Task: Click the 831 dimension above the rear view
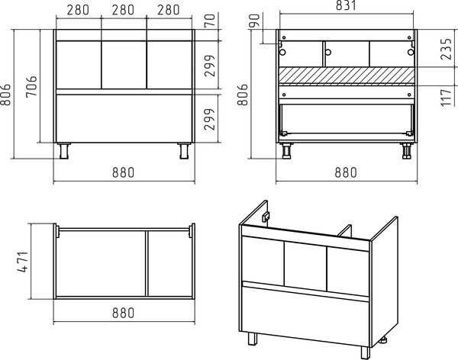346,5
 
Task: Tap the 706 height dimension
31,86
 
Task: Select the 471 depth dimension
23,262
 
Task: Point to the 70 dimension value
210,21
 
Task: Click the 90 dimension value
255,21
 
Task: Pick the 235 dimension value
446,49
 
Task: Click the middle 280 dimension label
123,10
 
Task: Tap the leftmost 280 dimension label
78,10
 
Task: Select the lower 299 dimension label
210,120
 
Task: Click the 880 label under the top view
123,313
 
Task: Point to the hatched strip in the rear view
347,76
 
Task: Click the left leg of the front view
64,151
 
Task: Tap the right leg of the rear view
406,151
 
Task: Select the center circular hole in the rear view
328,53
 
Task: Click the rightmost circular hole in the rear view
411,53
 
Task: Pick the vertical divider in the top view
147,264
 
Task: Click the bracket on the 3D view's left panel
266,217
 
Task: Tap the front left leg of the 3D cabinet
253,339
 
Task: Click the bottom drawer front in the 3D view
305,315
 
